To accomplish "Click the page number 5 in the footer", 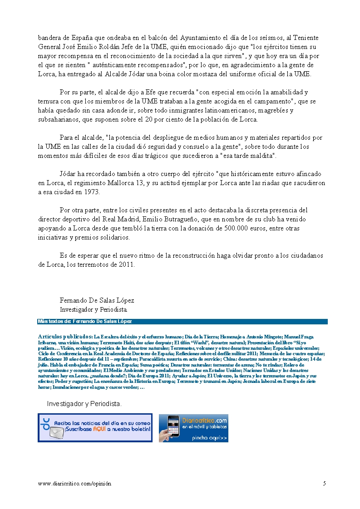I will point(324,484).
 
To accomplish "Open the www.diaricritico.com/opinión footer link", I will point(74,484).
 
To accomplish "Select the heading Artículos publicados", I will point(65,337).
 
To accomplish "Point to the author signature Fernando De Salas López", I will point(97,300).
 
